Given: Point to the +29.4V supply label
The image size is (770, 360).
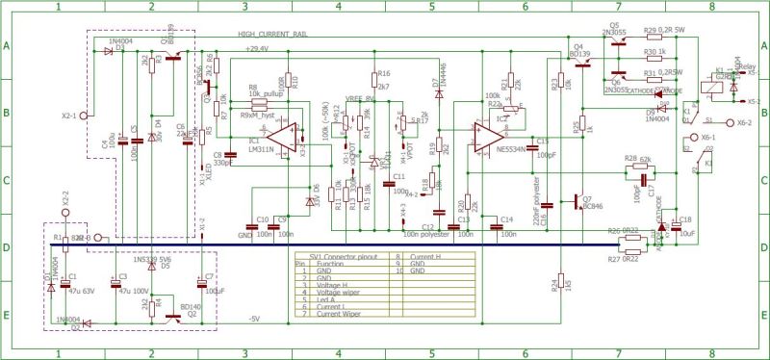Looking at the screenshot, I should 257,47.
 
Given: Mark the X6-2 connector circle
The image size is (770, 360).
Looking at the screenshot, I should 729,123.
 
